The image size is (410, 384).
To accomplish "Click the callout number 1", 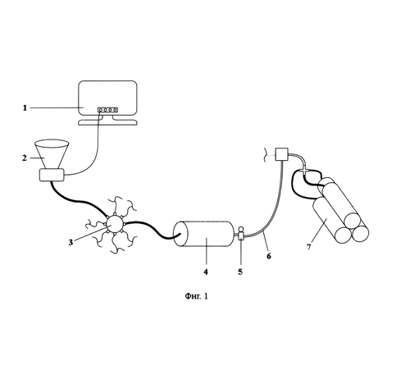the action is click(x=25, y=108).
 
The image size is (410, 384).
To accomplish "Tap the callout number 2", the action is click(x=25, y=158).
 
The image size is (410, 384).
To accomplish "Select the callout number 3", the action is click(x=71, y=242).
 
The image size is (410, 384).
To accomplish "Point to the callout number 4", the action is click(x=206, y=272).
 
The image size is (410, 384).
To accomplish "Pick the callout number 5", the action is click(x=240, y=272).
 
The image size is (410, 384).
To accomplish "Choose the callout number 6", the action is click(x=269, y=256).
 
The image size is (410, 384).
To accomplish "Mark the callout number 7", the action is click(x=309, y=247).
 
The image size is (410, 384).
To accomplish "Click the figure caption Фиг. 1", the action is click(x=197, y=296).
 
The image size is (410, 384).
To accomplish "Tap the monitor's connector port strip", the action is click(x=108, y=110).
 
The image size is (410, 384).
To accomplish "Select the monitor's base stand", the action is click(x=107, y=122).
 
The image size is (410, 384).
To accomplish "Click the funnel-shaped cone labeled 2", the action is click(x=52, y=154).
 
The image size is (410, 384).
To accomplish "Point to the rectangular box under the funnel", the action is click(x=52, y=175).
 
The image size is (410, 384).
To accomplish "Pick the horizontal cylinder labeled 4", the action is click(x=204, y=234).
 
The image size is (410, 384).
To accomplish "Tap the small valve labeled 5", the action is click(x=241, y=233).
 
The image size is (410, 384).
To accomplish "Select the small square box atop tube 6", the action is click(x=281, y=154).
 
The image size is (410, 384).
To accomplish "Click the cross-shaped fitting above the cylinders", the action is click(x=304, y=171).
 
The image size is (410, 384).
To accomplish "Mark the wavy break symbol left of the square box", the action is click(x=265, y=155).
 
